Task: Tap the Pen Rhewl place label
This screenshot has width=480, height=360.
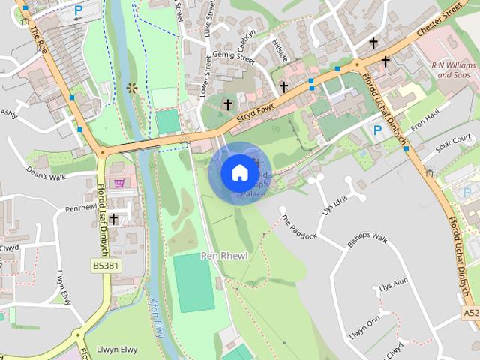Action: [223, 256]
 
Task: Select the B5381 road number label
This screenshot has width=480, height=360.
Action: [107, 265]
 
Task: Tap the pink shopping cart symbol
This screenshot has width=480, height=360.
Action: [118, 183]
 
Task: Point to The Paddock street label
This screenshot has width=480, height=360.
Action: [299, 226]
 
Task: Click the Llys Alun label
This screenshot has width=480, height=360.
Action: [393, 285]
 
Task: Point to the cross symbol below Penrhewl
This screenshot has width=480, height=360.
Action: [113, 219]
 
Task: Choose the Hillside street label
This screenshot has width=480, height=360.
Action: [280, 51]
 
